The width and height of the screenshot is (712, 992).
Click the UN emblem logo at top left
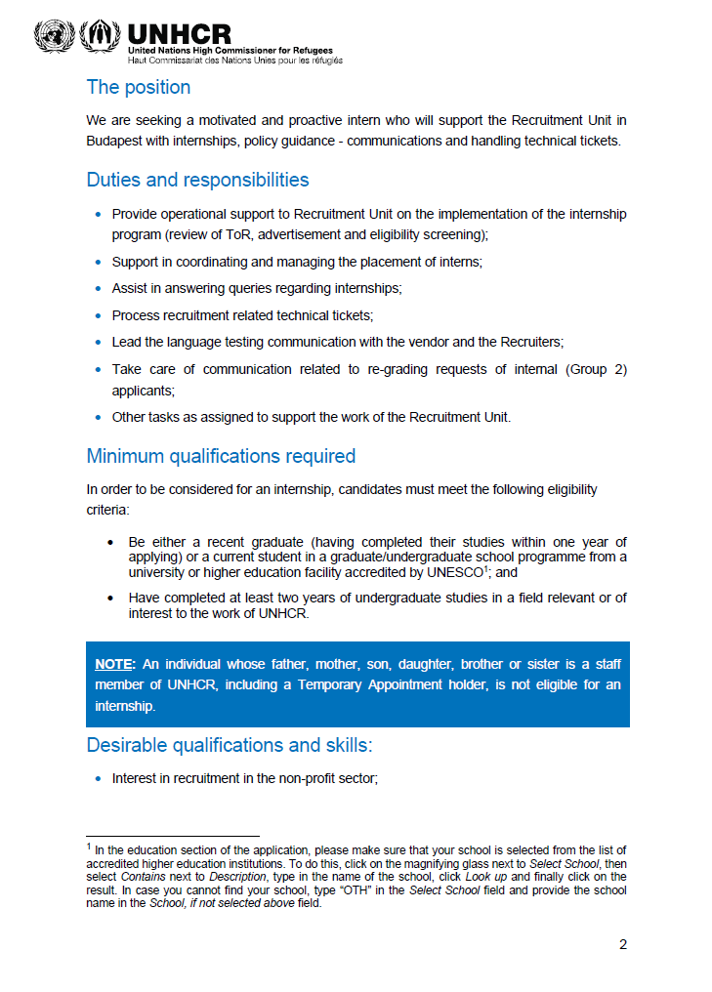pyautogui.click(x=53, y=37)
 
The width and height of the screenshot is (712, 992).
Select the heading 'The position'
pyautogui.click(x=139, y=87)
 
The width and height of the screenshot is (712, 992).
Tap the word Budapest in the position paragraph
pyautogui.click(x=117, y=141)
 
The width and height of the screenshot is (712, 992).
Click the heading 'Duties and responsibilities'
pyautogui.click(x=197, y=180)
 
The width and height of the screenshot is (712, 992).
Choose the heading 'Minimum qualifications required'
pyautogui.click(x=221, y=456)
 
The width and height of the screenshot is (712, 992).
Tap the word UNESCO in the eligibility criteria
pyautogui.click(x=455, y=574)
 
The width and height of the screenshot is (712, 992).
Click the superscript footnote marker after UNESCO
pyautogui.click(x=485, y=569)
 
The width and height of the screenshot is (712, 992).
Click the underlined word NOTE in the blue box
pyautogui.click(x=113, y=664)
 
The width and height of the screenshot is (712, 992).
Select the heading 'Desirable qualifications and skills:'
pyautogui.click(x=230, y=745)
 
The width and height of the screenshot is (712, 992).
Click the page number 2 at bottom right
pyautogui.click(x=622, y=944)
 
